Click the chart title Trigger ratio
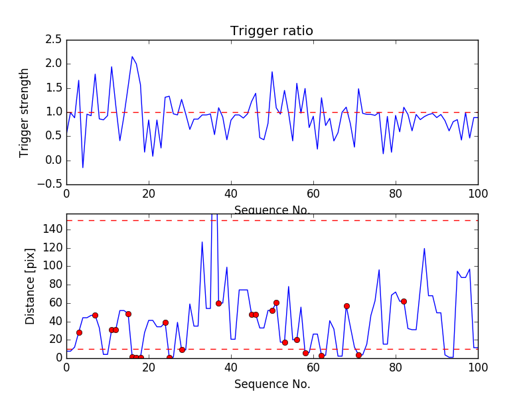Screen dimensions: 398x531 pyautogui.click(x=271, y=31)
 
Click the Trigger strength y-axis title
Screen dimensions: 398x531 pyautogui.click(x=25, y=112)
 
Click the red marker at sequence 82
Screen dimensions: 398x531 pyautogui.click(x=404, y=301)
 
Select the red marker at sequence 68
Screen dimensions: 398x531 pyautogui.click(x=346, y=306)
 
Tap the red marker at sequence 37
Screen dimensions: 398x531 pyautogui.click(x=218, y=303)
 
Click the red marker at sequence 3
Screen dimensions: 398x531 pyautogui.click(x=79, y=332)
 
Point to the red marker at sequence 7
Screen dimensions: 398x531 pyautogui.click(x=95, y=315)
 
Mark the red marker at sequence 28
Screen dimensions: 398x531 pyautogui.click(x=182, y=350)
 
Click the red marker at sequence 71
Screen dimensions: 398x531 pyautogui.click(x=358, y=355)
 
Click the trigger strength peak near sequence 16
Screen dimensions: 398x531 pyautogui.click(x=132, y=56)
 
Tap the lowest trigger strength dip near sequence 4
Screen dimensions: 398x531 pyautogui.click(x=83, y=167)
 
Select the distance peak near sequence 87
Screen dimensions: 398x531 pyautogui.click(x=424, y=249)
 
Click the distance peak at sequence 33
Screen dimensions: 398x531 pyautogui.click(x=202, y=242)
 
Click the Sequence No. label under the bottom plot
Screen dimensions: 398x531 pyautogui.click(x=271, y=384)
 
